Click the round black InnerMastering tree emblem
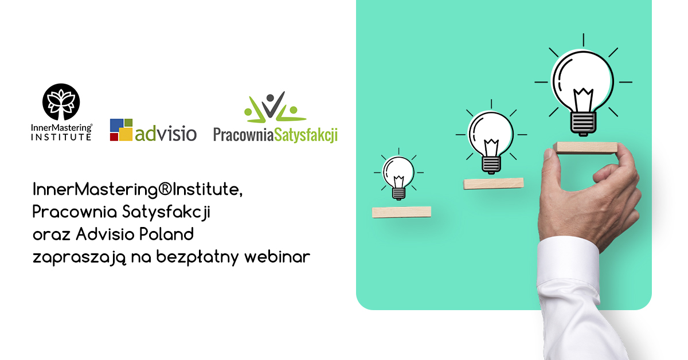(61, 101)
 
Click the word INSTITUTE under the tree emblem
(61, 137)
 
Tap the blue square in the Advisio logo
(117, 126)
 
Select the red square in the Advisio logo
(114, 136)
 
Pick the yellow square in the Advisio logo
(126, 134)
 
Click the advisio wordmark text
(166, 134)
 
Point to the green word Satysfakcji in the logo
(306, 135)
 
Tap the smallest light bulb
(398, 175)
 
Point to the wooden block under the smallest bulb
(401, 212)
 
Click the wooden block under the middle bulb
(494, 183)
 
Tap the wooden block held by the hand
(586, 148)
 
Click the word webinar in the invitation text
(277, 256)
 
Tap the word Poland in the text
(166, 234)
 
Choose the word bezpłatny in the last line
(197, 257)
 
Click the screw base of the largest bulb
(583, 123)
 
